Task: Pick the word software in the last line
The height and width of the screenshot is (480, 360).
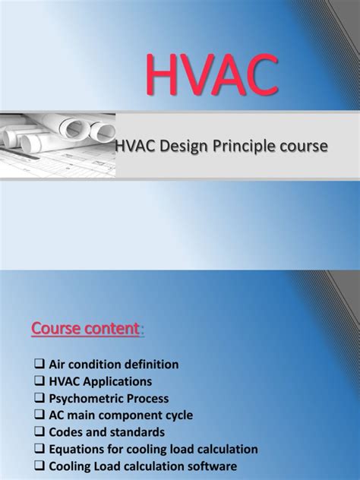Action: click(213, 466)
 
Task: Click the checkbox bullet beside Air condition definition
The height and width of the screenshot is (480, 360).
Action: click(42, 365)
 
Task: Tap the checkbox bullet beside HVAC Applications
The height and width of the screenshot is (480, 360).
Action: click(42, 382)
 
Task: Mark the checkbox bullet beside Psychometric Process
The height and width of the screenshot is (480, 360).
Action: click(42, 399)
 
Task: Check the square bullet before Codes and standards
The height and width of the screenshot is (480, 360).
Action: click(42, 432)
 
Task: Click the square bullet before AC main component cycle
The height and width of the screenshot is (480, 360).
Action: click(42, 415)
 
